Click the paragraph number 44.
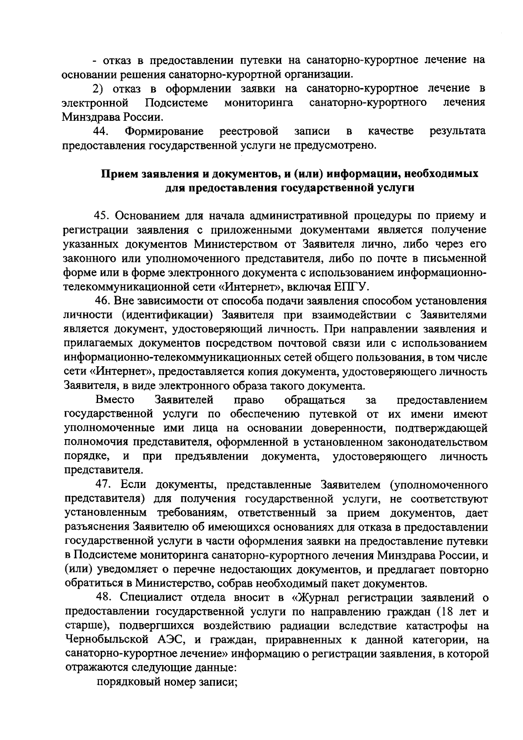click(103, 131)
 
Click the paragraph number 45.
click(103, 216)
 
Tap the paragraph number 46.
click(103, 301)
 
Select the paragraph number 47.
click(103, 485)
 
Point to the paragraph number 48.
click(103, 598)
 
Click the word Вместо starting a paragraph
click(115, 400)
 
